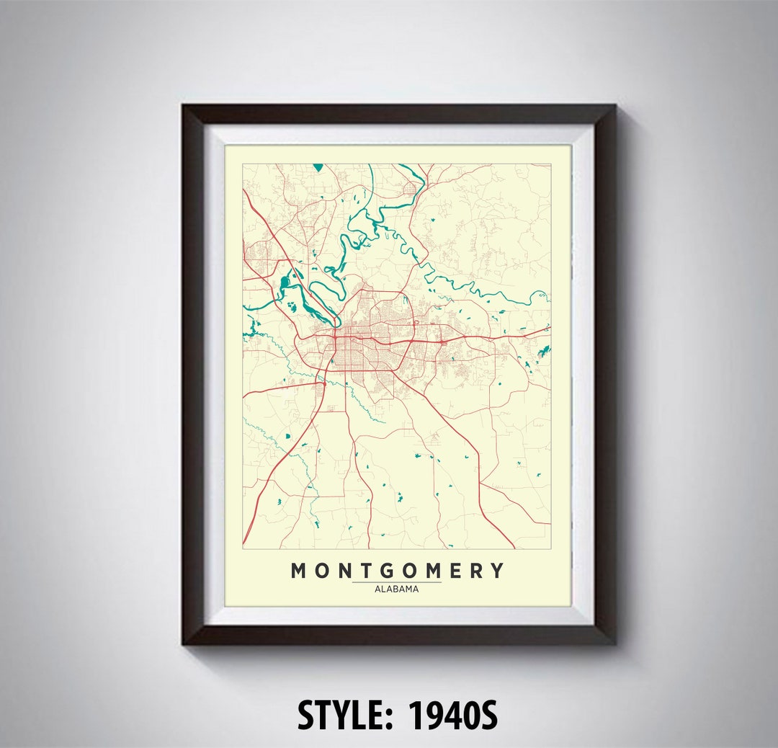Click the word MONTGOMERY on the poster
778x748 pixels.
[x=397, y=571]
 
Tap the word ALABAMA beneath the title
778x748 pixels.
[x=396, y=589]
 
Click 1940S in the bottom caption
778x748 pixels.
[x=453, y=716]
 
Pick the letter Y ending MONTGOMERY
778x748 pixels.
[x=497, y=571]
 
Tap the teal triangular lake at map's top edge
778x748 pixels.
[x=318, y=168]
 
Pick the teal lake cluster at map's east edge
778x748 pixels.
[x=541, y=352]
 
